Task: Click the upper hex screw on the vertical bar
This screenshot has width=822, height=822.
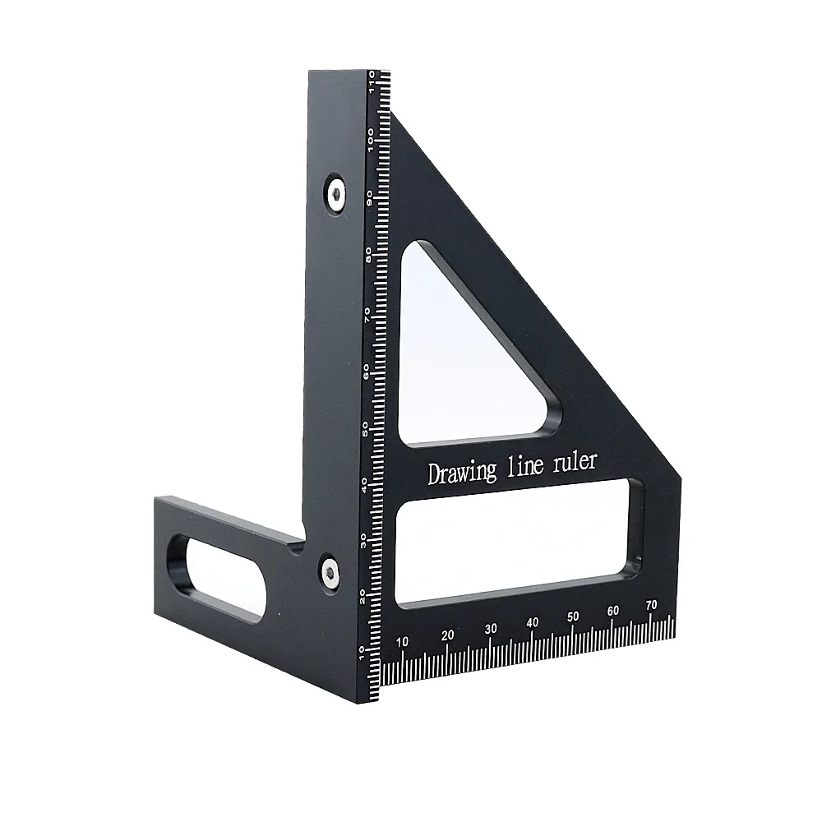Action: (336, 192)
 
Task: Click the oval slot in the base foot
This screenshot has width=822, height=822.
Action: (219, 580)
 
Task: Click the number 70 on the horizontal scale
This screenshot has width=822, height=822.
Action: (652, 605)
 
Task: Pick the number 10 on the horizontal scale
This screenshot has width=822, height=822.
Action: (402, 642)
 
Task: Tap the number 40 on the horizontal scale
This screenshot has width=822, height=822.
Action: (532, 622)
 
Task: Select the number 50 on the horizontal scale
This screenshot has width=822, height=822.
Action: (573, 616)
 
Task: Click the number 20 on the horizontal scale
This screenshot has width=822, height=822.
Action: (448, 635)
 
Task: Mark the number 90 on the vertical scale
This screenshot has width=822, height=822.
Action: (371, 196)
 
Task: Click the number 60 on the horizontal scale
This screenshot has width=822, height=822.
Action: (612, 611)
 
